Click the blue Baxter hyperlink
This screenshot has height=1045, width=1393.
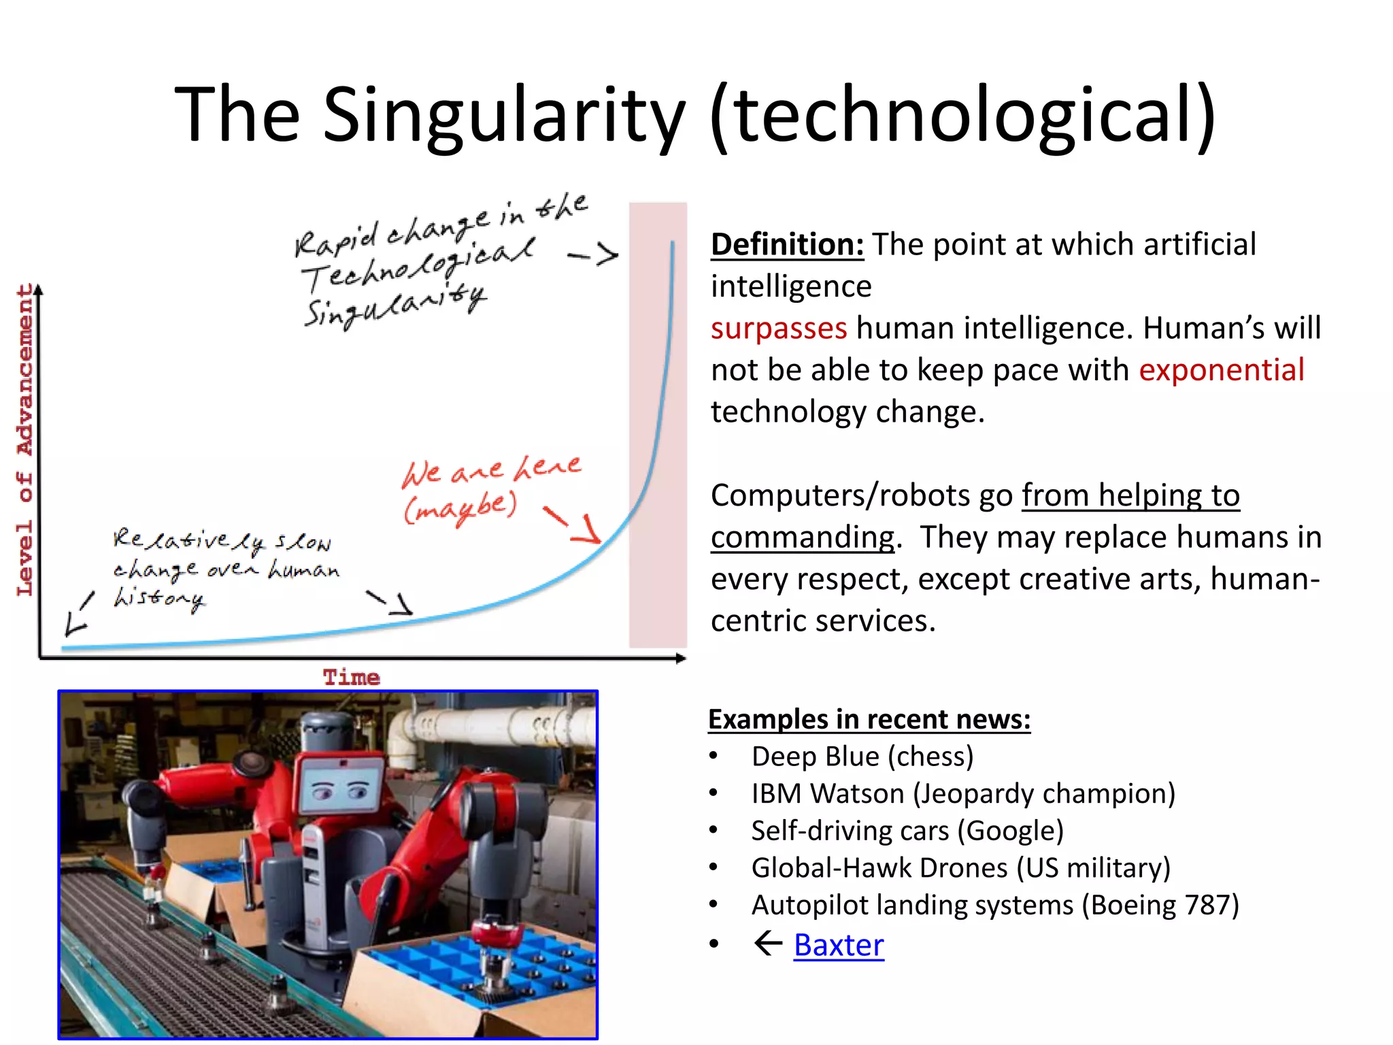click(x=839, y=945)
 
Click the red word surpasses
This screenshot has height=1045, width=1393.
click(x=779, y=328)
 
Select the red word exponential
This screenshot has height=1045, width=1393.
click(x=1222, y=370)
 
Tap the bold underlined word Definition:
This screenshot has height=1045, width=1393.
click(x=787, y=244)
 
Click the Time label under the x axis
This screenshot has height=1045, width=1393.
click(x=351, y=678)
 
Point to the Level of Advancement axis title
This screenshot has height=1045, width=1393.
click(x=25, y=439)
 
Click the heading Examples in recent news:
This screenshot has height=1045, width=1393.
click(x=869, y=719)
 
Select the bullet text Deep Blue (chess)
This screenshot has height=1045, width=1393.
click(x=862, y=757)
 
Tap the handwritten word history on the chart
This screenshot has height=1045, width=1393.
click(x=159, y=599)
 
